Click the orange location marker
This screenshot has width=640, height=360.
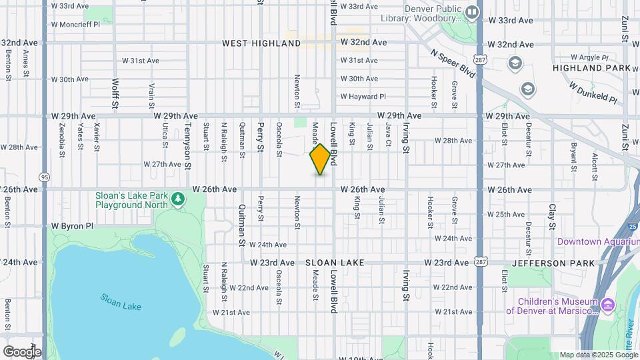(x=321, y=159)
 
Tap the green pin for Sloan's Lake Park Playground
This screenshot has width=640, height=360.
(x=177, y=199)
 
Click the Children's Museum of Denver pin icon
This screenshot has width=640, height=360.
(x=607, y=305)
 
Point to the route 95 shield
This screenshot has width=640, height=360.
(x=45, y=177)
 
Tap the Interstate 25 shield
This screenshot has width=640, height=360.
(x=633, y=227)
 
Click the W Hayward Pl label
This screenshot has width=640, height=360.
(x=363, y=97)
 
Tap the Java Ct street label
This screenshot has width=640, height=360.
(x=387, y=134)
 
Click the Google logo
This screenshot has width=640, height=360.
(x=21, y=351)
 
